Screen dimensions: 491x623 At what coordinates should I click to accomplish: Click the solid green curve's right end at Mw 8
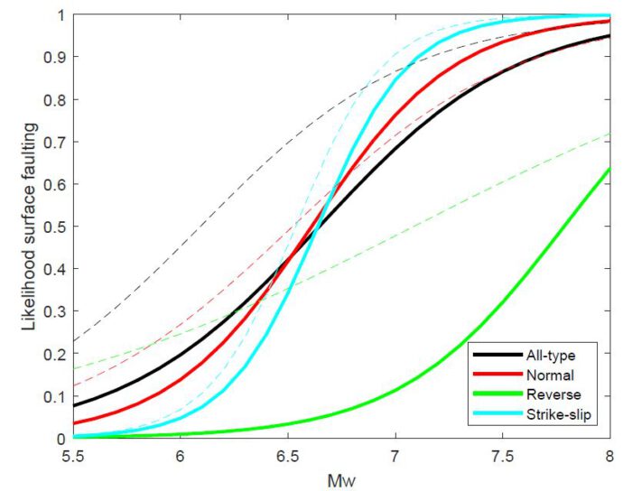[x=609, y=168]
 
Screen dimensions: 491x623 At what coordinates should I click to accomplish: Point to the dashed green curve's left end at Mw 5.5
[x=73, y=369]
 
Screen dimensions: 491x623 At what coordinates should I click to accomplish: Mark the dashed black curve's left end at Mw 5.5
[x=73, y=342]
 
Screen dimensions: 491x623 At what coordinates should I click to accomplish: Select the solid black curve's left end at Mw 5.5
[x=73, y=405]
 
